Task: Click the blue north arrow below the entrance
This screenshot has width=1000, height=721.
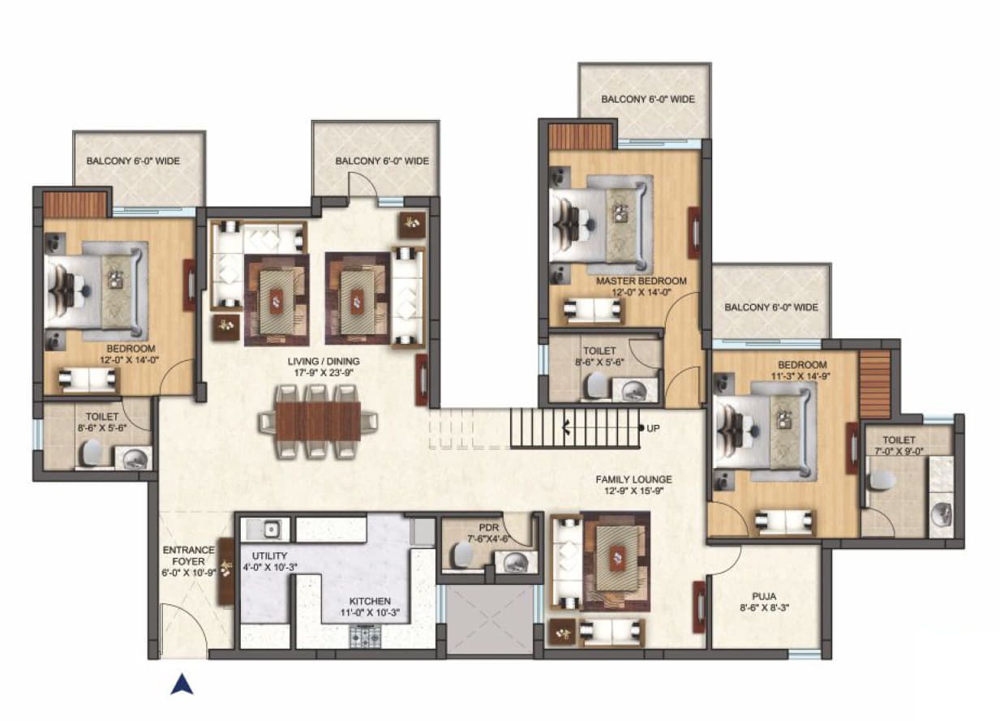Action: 182,685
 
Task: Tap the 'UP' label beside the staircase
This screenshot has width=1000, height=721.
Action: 653,428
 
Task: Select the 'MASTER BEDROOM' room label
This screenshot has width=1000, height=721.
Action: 641,281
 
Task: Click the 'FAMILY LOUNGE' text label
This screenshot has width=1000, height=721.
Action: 633,480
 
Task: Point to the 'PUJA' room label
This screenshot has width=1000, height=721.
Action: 764,596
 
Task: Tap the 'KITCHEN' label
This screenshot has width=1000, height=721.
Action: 370,601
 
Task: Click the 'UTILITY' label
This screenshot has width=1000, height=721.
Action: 269,556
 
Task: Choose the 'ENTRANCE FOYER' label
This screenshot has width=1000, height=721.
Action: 188,556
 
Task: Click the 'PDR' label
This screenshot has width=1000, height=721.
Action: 488,528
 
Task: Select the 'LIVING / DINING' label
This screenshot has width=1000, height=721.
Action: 324,361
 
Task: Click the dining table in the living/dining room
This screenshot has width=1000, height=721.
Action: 318,421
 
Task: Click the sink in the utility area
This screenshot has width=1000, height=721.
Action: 271,530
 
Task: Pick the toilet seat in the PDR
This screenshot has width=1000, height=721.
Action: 462,555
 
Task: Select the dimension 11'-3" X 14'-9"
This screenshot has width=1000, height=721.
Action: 800,376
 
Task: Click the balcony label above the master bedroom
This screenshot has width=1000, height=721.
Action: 648,99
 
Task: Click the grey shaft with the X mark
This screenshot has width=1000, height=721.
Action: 490,620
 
